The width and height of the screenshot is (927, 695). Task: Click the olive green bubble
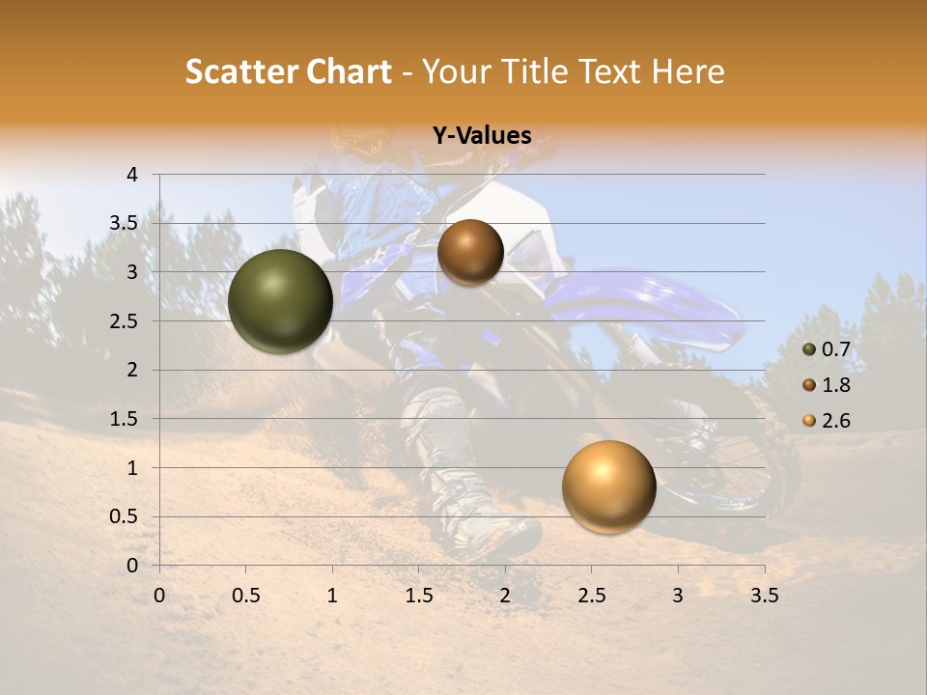[281, 301]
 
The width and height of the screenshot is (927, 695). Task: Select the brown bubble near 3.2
[470, 252]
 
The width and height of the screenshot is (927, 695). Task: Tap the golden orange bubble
[608, 486]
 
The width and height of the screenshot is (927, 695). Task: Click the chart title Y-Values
[481, 136]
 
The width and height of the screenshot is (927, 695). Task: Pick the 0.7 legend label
[835, 349]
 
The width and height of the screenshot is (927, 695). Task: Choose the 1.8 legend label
[835, 385]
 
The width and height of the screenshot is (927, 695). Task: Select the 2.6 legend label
[835, 421]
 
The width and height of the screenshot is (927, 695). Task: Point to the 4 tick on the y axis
[132, 175]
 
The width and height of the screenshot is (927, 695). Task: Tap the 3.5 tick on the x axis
[764, 596]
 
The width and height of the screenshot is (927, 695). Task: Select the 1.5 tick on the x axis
[418, 596]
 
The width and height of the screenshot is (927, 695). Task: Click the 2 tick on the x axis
[505, 596]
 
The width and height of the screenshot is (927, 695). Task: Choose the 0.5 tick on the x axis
[245, 596]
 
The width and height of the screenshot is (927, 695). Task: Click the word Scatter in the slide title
[239, 71]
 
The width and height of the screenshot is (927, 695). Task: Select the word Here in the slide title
[688, 71]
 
